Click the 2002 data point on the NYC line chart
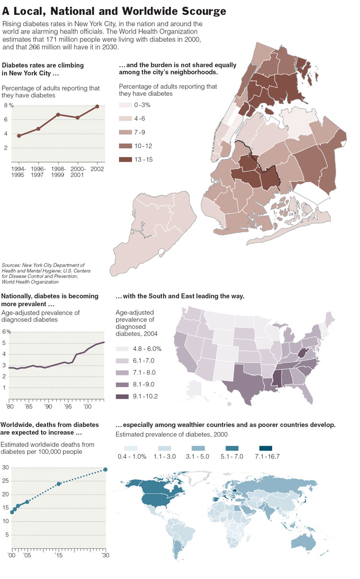[97, 106]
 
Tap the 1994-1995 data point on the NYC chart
[19, 136]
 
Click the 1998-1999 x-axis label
[58, 171]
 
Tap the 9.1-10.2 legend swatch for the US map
[123, 397]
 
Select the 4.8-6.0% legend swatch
[123, 349]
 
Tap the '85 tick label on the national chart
[29, 406]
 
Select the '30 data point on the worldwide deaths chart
[105, 470]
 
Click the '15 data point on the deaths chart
[59, 484]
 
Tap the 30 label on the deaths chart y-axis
[6, 467]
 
